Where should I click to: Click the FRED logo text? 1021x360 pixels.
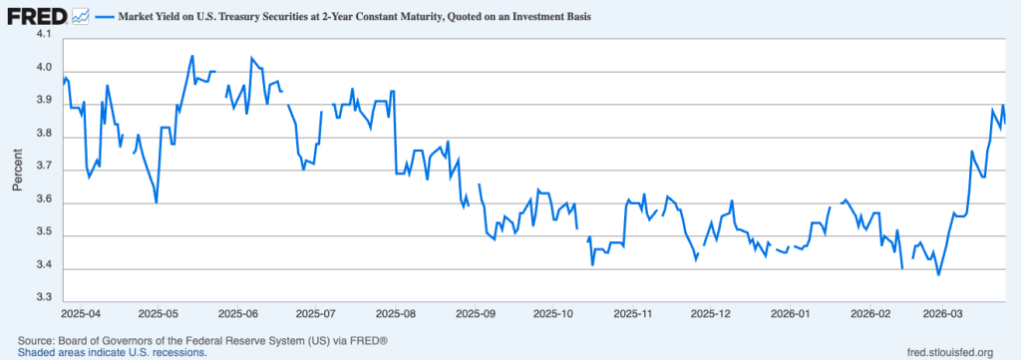[x=37, y=17]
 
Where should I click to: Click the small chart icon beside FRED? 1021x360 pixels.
[x=81, y=17]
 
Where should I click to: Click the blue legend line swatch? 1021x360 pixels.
[x=106, y=18]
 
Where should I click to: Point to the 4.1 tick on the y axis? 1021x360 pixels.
[x=44, y=35]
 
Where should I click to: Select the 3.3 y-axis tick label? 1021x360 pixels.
[x=44, y=298]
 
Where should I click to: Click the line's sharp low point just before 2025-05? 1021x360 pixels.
[x=157, y=202]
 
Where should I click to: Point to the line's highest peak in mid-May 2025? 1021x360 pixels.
[x=192, y=56]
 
